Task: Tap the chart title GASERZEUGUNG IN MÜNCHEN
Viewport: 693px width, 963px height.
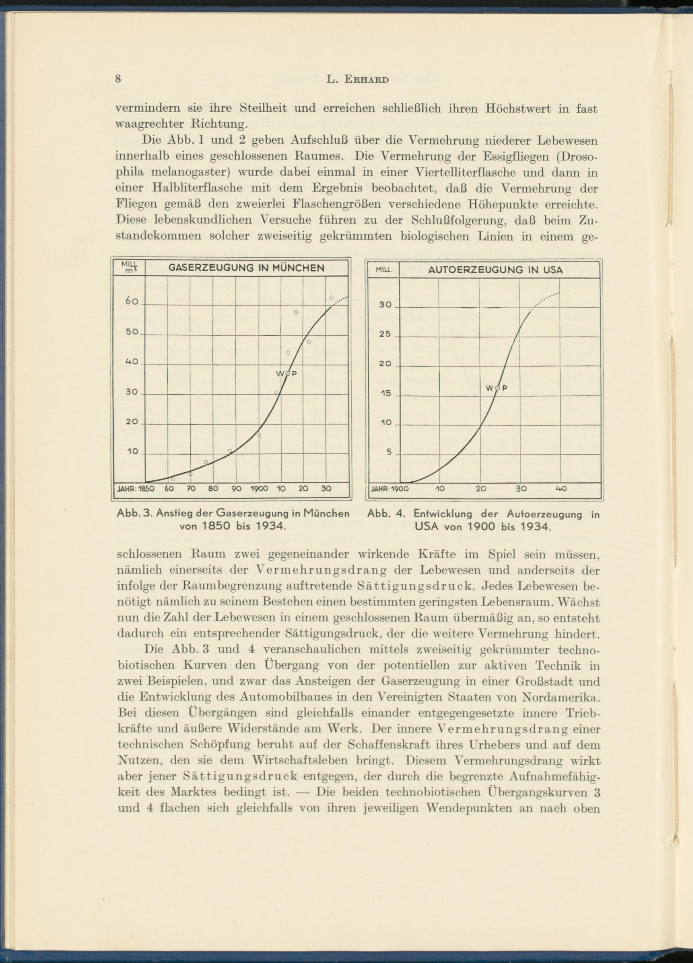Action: pyautogui.click(x=247, y=268)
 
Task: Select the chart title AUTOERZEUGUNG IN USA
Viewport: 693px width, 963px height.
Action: pyautogui.click(x=495, y=270)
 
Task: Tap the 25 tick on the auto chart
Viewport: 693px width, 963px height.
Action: pyautogui.click(x=385, y=334)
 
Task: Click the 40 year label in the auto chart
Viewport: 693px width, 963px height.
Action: pyautogui.click(x=561, y=489)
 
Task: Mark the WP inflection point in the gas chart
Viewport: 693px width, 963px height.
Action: pyautogui.click(x=287, y=373)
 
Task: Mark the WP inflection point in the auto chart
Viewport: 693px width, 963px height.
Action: pyautogui.click(x=497, y=388)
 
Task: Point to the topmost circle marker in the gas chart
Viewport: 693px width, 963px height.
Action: pyautogui.click(x=332, y=297)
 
